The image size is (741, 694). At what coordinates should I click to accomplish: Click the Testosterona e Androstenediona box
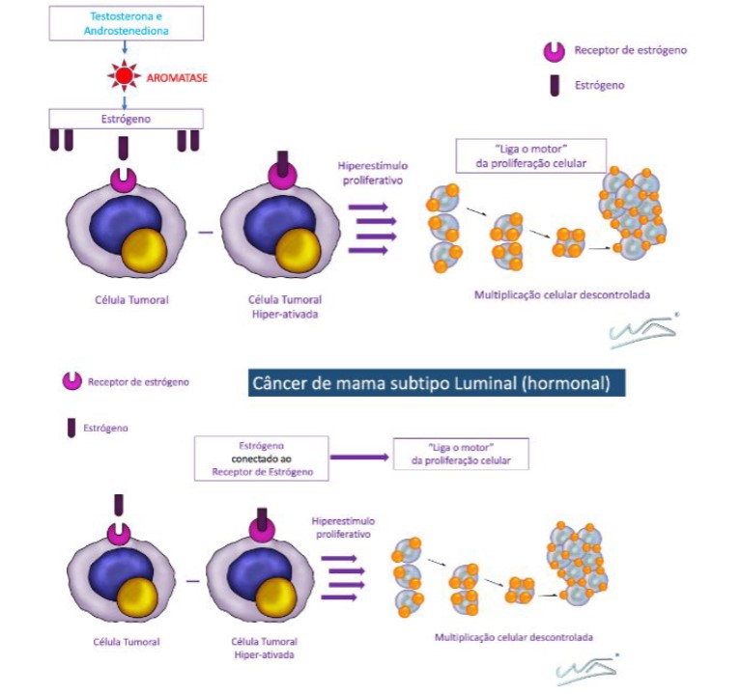[126, 22]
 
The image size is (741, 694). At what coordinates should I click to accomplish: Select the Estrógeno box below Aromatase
[126, 119]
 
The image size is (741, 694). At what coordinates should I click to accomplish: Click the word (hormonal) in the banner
[561, 383]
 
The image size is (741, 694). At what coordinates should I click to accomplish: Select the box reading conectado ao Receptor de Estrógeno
[261, 458]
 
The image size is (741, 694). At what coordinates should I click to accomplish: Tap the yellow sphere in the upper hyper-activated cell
[296, 249]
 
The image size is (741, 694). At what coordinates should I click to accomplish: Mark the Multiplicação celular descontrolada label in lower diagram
[513, 637]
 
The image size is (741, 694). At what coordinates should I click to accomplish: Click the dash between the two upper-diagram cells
[200, 233]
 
